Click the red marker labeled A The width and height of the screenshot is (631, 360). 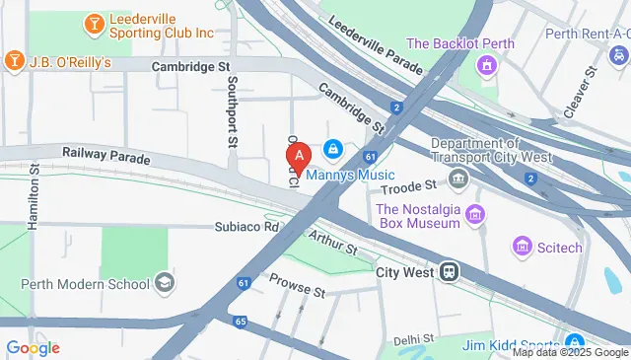point(300,155)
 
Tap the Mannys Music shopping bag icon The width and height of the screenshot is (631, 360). point(333,149)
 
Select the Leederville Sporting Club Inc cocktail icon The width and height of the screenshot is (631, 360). point(93,22)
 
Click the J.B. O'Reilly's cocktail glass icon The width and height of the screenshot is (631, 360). point(15,61)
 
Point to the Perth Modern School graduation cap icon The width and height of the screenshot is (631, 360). point(165,283)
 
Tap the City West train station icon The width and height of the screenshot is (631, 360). point(449,270)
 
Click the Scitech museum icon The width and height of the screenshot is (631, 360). point(521,245)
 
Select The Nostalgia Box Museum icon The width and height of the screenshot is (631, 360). point(474,214)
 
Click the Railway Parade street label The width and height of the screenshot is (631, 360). point(105,156)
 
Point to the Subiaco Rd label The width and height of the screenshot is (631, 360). point(247,227)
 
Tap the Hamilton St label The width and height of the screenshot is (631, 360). point(34,197)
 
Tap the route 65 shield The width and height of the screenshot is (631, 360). point(241,321)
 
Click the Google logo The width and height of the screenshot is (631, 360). point(33,347)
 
